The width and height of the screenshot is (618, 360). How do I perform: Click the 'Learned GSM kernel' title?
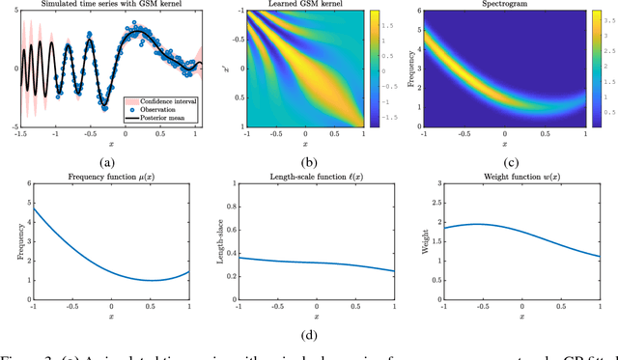pos(305,6)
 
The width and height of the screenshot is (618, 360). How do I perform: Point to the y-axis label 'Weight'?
pos(429,244)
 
